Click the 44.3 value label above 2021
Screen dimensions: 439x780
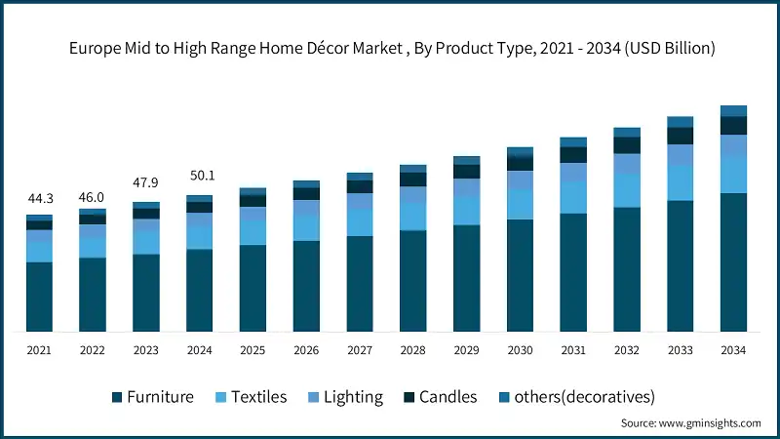(x=39, y=199)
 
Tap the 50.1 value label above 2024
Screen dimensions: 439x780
(x=199, y=177)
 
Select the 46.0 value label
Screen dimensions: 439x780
(x=93, y=197)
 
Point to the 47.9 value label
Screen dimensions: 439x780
(x=145, y=182)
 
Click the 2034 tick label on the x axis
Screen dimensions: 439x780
(x=733, y=350)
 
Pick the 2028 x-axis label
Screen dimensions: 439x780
(x=412, y=350)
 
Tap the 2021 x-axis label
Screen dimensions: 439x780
(x=39, y=350)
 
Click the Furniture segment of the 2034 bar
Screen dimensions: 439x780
(x=733, y=261)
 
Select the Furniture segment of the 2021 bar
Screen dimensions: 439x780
(x=39, y=297)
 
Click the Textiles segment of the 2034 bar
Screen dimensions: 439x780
(x=733, y=174)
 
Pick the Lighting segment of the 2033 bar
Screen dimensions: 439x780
(x=680, y=154)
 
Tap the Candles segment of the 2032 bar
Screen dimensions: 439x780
(x=627, y=144)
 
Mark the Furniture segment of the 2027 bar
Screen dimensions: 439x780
(x=360, y=283)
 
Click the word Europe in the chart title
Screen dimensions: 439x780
(x=90, y=49)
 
